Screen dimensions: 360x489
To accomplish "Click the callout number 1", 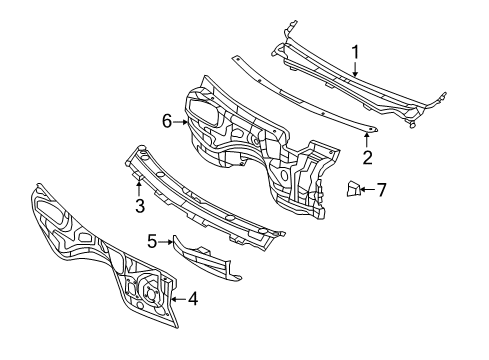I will tap(353, 50).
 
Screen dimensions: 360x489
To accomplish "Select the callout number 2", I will tap(367, 156).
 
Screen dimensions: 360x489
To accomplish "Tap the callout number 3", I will tap(140, 206).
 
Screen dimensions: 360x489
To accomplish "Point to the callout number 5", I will tap(152, 241).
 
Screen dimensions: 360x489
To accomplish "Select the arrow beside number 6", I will tap(183, 121).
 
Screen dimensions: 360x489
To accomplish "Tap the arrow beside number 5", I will tap(166, 241).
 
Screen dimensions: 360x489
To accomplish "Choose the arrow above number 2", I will tap(367, 139).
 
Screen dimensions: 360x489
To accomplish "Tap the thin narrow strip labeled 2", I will tap(300, 95).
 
